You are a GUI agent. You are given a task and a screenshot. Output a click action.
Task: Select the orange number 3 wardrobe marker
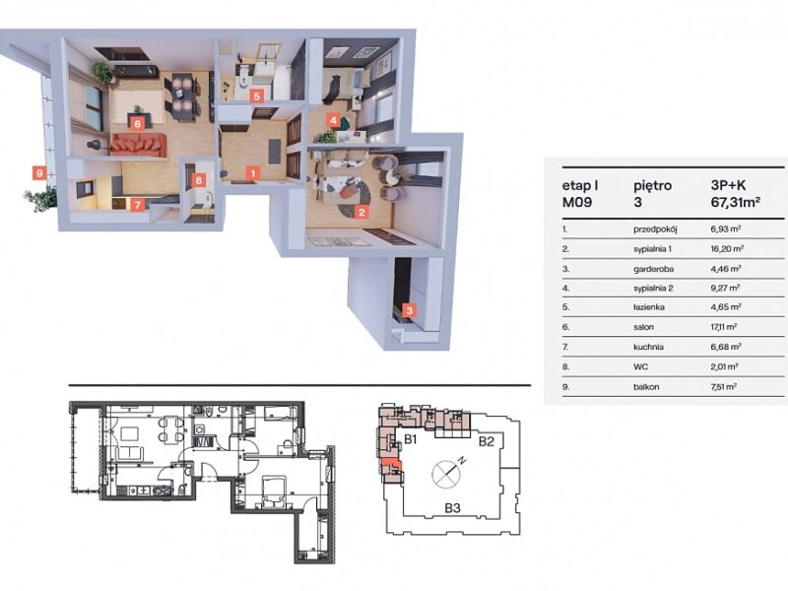(410, 310)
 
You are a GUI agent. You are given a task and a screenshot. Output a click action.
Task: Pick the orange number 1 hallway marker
(253, 173)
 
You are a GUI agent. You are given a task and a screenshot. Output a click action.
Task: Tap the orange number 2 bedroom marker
(361, 212)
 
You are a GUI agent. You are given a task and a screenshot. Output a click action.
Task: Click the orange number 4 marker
(333, 120)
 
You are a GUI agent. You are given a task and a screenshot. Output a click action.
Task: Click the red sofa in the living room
(138, 144)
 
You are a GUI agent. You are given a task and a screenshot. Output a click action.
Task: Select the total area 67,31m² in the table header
(735, 203)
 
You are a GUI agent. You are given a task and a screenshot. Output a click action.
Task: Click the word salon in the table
(644, 327)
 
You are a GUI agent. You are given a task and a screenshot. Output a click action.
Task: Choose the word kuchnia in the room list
(648, 347)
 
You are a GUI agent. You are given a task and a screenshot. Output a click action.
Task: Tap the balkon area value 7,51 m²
(724, 386)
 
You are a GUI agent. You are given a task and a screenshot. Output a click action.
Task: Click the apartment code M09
(576, 203)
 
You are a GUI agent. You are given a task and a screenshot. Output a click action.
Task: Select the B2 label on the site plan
(486, 441)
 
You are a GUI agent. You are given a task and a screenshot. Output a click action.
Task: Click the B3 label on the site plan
(452, 508)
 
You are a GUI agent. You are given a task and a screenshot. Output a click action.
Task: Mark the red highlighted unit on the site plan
(390, 464)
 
